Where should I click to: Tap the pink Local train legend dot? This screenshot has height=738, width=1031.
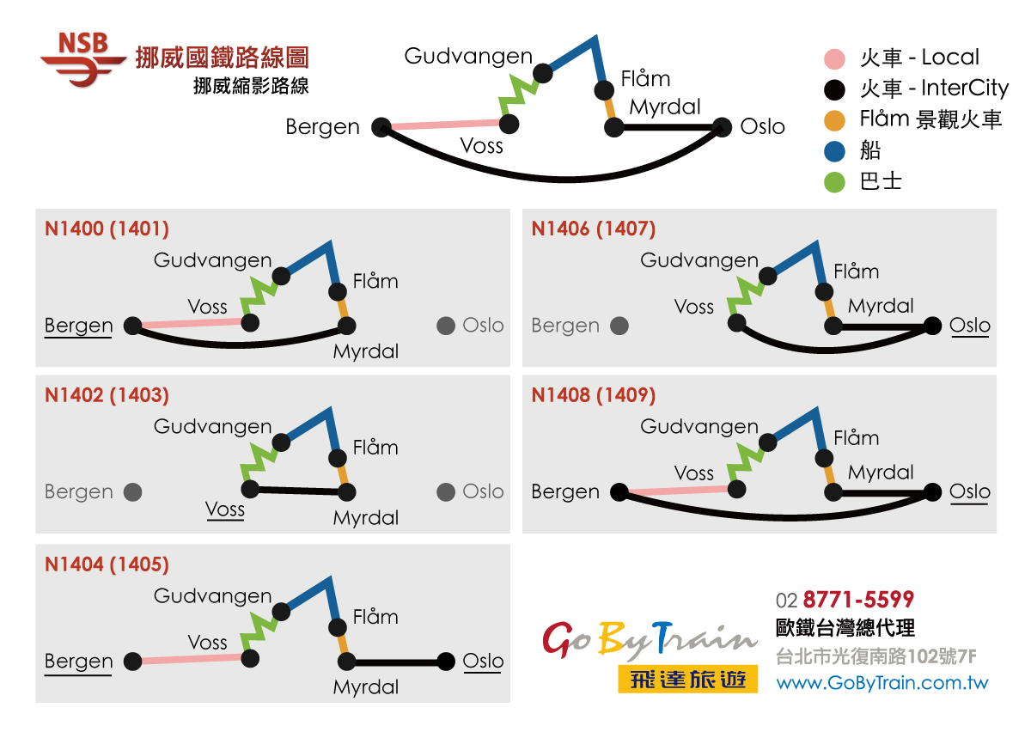tap(834, 58)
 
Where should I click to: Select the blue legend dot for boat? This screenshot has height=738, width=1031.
tap(834, 151)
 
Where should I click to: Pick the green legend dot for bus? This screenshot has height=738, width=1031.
tap(834, 182)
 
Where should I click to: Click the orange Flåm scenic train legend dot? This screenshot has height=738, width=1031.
tap(834, 119)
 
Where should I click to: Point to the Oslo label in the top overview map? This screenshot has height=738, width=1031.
tap(762, 127)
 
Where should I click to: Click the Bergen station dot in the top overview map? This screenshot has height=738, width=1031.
tap(382, 127)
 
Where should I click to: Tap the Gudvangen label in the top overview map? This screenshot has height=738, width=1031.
tap(468, 57)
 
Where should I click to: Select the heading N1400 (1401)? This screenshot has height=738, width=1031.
tap(107, 229)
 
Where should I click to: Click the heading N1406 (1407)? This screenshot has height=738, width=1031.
tap(593, 229)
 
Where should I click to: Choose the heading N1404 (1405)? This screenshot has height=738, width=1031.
tap(107, 564)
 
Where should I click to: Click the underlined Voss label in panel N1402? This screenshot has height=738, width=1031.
tap(225, 509)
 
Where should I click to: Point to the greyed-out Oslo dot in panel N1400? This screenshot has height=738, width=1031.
tap(445, 326)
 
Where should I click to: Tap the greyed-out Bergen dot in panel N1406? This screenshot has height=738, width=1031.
tap(619, 326)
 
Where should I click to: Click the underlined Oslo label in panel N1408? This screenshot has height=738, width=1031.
tap(970, 492)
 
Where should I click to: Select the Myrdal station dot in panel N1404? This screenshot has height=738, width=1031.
tap(346, 662)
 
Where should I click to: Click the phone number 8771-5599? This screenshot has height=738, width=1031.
tap(857, 600)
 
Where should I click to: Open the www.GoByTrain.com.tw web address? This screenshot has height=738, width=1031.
tap(882, 684)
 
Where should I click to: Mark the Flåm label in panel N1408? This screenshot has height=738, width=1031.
tap(856, 438)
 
